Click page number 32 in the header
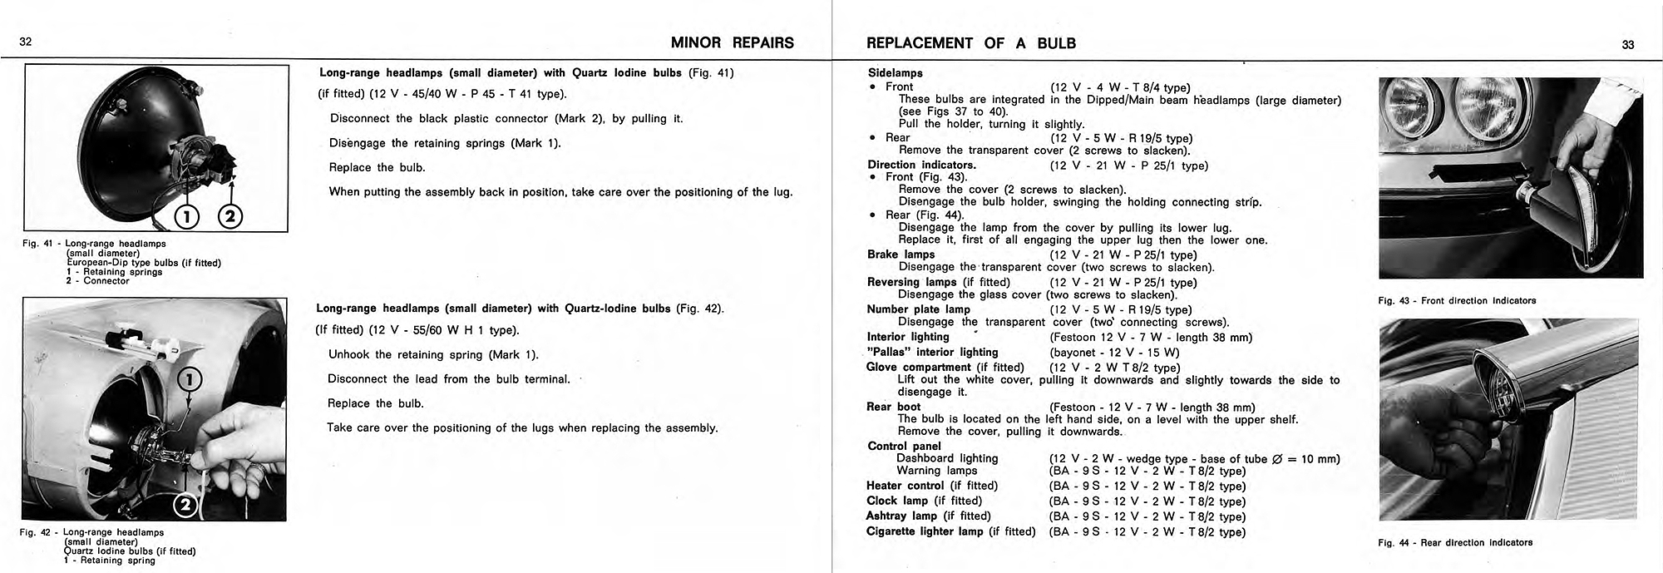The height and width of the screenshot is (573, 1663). coord(25,43)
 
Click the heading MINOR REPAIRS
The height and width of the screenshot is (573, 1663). coord(732,43)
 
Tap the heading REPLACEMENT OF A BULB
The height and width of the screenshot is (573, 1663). coord(970,43)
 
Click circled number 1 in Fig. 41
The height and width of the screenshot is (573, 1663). coord(187,217)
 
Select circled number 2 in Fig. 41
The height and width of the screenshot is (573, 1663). coord(229,217)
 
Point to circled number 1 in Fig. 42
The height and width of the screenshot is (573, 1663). coord(190,381)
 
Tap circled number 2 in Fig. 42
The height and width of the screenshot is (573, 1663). coord(185,505)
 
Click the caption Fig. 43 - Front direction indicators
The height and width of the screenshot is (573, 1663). coord(1457,300)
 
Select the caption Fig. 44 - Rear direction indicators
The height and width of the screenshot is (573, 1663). coord(1454,542)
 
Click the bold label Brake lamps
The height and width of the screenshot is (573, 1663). coord(901,254)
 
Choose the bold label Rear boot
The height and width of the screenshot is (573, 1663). coord(893,407)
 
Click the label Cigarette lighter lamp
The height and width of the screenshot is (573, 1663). coord(925,531)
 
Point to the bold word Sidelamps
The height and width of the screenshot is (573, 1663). coord(895,73)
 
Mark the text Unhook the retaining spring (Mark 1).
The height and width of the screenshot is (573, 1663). coord(433,354)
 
